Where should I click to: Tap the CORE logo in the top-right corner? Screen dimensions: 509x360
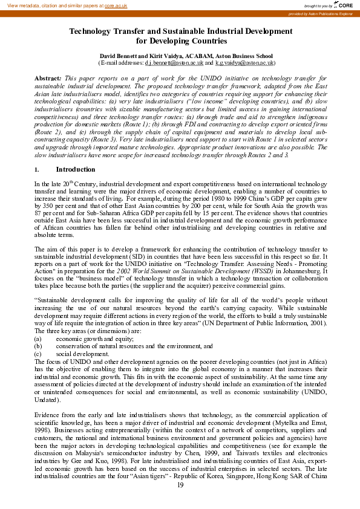coord(345,4)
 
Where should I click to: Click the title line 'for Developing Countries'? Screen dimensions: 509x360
coord(181,42)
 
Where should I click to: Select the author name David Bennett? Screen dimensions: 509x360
coord(120,55)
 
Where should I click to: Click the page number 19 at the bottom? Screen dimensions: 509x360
coord(180,496)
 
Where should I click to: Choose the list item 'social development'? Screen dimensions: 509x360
coord(80,353)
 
